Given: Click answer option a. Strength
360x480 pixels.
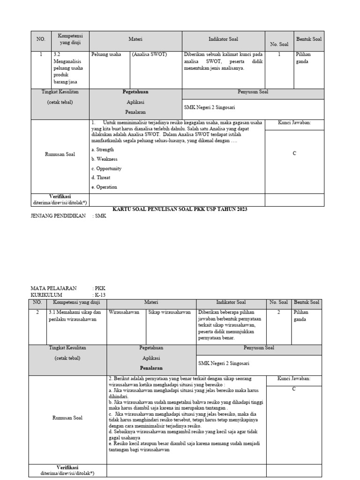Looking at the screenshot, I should [103, 150].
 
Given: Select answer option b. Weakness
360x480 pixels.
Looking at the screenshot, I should [104, 159].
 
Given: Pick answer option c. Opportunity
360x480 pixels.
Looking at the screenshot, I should [106, 168].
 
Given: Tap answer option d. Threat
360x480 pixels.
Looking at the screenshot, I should [101, 178].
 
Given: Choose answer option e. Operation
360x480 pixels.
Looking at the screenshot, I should [104, 187].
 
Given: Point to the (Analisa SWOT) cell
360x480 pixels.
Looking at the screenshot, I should [149, 54].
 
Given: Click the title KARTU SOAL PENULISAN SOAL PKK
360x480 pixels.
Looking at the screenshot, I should [180, 209].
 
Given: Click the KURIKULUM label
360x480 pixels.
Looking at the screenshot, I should [46, 295].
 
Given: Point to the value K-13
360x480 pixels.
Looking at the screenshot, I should [100, 295].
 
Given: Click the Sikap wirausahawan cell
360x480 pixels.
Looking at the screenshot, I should [169, 312].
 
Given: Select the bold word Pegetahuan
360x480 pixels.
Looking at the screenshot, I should [135, 92].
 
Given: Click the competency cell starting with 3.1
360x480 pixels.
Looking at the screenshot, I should [75, 315].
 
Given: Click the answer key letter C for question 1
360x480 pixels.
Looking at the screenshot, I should [294, 153].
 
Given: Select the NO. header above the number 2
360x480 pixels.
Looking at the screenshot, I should [37, 302].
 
